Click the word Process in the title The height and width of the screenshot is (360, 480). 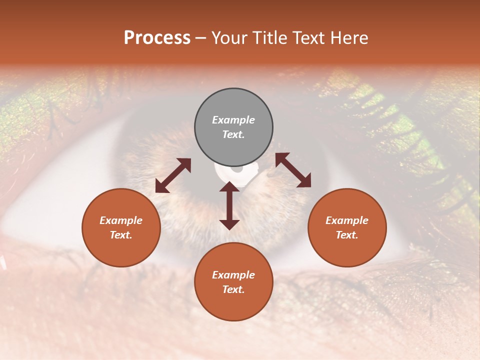157,38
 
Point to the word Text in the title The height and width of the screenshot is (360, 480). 309,38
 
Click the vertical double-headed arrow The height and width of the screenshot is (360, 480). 229,205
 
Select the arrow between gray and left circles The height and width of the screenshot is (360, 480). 173,175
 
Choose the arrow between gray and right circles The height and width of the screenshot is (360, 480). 293,170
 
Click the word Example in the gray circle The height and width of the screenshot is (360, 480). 233,120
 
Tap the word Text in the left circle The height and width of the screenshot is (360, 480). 121,235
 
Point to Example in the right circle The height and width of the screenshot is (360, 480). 347,220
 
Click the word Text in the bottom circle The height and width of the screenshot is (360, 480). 233,289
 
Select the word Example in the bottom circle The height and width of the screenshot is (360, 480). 233,275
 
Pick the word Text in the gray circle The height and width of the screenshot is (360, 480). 233,134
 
